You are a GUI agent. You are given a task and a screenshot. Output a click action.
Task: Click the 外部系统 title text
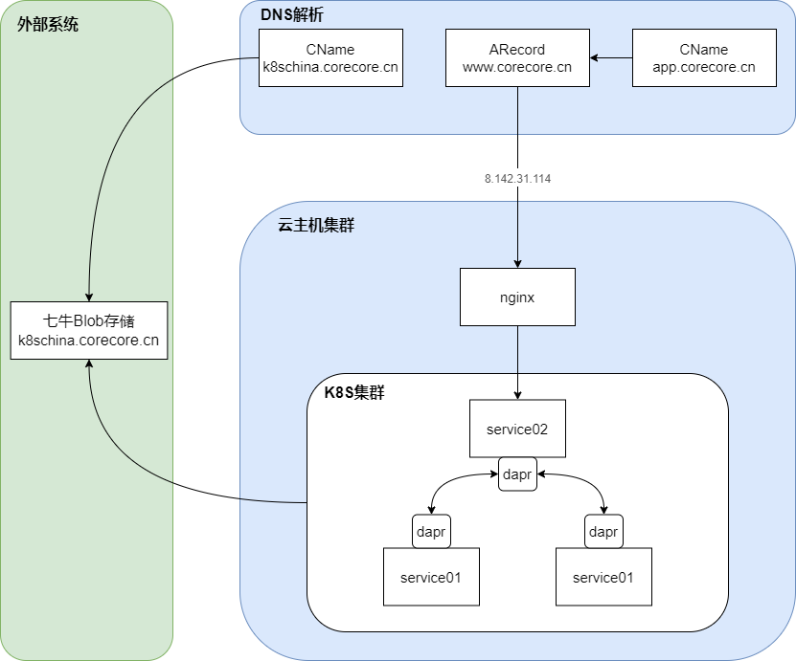(x=48, y=25)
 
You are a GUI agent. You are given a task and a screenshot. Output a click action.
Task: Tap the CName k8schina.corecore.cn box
(x=330, y=58)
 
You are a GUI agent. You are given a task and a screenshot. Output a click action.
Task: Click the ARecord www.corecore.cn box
(x=517, y=58)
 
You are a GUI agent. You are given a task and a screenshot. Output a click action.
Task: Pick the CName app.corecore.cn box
(x=704, y=58)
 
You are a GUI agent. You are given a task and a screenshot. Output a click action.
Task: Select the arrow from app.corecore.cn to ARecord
(x=611, y=58)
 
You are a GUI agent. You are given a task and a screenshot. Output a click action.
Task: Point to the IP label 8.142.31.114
(x=517, y=179)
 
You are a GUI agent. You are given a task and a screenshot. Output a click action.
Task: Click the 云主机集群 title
(x=316, y=226)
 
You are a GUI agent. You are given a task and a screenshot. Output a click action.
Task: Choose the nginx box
(x=517, y=297)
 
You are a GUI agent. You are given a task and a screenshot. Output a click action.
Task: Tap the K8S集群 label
(x=353, y=392)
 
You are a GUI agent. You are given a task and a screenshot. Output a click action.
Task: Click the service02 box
(x=517, y=429)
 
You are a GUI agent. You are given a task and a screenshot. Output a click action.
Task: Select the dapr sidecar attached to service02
(x=517, y=474)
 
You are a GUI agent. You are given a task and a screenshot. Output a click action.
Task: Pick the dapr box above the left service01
(x=431, y=531)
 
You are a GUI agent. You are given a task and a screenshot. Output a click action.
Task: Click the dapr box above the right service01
(x=603, y=531)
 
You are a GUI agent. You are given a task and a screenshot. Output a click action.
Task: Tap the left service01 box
(x=431, y=577)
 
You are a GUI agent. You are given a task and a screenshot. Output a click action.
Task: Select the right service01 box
(x=603, y=577)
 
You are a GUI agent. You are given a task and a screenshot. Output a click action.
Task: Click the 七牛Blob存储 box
(x=89, y=330)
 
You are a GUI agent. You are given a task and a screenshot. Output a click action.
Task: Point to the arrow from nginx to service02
(x=517, y=364)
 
